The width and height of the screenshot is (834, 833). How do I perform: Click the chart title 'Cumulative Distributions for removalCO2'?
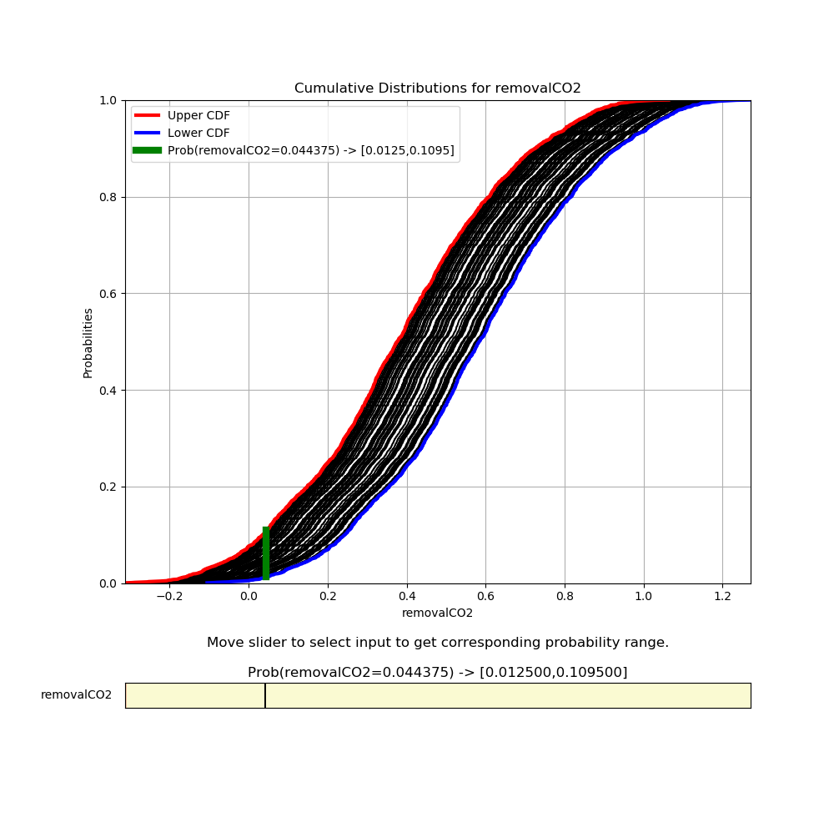[437, 88]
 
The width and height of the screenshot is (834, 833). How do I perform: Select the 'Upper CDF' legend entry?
[198, 115]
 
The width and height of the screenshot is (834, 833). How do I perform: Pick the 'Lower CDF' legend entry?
[198, 133]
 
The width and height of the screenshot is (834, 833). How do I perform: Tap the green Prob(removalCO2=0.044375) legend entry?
[310, 150]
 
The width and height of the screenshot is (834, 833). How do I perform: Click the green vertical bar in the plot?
[266, 553]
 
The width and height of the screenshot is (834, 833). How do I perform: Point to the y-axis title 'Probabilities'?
[88, 342]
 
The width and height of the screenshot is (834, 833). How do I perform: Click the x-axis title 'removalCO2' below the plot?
[437, 613]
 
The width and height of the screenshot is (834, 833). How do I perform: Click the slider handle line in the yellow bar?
[265, 695]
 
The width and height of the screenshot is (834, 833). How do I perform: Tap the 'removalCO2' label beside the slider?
[76, 694]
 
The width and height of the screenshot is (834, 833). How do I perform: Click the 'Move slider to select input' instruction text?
[437, 643]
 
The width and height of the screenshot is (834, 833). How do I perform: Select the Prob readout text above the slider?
[437, 672]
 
